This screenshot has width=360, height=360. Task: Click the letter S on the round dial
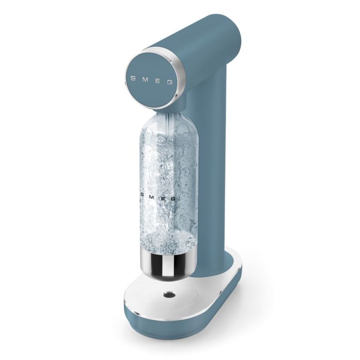[x=133, y=80]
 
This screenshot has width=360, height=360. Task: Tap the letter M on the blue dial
[x=145, y=80]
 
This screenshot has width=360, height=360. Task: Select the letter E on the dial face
[x=159, y=80]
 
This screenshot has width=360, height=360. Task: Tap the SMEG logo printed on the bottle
[x=160, y=196]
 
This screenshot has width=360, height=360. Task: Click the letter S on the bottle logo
[x=143, y=195]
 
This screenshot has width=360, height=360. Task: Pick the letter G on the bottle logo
[x=176, y=197]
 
